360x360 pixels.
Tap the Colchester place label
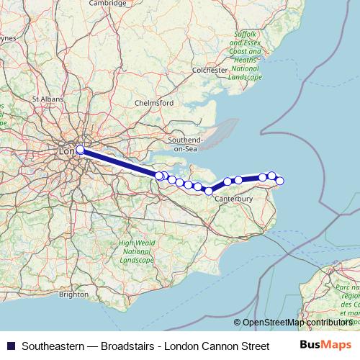[209, 70]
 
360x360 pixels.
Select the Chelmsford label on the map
[155, 103]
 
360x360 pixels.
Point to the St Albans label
[45, 97]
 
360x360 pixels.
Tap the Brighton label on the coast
[73, 294]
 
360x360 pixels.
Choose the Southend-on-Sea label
[186, 143]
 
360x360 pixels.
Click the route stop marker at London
[80, 150]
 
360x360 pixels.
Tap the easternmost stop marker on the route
[280, 181]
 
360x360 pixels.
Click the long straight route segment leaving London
[119, 163]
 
